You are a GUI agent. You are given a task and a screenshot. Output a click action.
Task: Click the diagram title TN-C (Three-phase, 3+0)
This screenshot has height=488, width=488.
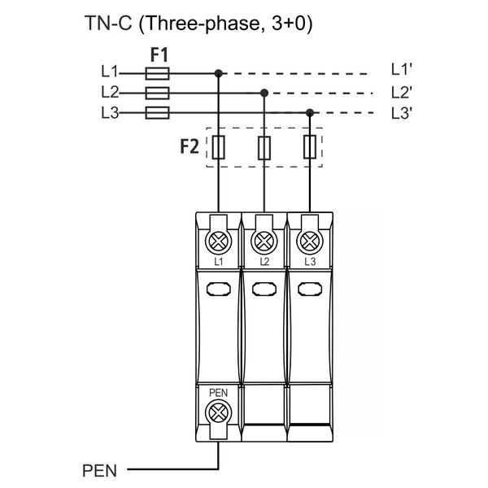(198, 24)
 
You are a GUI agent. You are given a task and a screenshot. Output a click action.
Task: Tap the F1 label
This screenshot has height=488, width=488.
(159, 55)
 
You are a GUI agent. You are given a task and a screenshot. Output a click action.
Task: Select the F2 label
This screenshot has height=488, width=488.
(190, 148)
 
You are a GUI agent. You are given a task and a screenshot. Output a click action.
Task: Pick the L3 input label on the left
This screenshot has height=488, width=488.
(110, 113)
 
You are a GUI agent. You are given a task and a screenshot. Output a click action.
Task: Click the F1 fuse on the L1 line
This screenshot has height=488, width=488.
(156, 73)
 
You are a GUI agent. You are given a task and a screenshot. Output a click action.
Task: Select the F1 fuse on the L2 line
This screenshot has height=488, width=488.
(156, 93)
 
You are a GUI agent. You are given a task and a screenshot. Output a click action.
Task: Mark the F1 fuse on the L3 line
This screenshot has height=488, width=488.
(156, 113)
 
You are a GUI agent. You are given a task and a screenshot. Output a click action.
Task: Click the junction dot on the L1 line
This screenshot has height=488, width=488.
(218, 73)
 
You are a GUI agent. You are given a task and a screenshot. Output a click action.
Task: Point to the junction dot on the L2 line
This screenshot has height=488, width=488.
(264, 93)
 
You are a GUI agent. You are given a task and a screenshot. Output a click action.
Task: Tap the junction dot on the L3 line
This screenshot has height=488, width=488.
(309, 113)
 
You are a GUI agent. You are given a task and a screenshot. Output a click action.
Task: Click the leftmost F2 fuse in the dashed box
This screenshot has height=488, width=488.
(218, 148)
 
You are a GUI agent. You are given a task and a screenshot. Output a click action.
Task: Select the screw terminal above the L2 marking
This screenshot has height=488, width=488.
(264, 241)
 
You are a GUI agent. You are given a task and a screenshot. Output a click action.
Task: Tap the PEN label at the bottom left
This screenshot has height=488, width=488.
(100, 470)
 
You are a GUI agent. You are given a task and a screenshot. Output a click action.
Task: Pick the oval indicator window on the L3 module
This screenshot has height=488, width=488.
(309, 288)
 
